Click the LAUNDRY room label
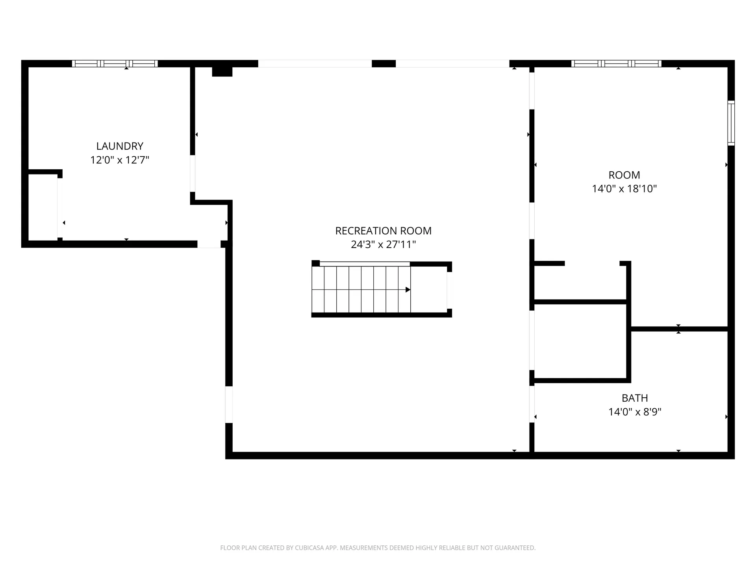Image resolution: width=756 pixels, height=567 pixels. tap(120, 146)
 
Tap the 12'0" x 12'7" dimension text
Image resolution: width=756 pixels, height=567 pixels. tap(120, 160)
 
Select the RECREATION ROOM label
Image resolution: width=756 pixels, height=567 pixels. tap(383, 231)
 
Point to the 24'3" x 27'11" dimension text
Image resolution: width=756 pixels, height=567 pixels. tap(383, 245)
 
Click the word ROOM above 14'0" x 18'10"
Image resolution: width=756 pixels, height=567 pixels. tap(624, 175)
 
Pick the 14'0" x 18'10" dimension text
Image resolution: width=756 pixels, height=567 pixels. tap(624, 189)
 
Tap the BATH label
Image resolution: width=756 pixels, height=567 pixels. tap(635, 398)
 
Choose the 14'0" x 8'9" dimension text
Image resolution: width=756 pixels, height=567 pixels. tap(635, 412)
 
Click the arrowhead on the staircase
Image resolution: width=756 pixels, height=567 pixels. tap(408, 290)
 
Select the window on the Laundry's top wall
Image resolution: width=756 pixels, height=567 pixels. tap(115, 64)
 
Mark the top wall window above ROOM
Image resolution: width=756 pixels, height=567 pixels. tap(616, 64)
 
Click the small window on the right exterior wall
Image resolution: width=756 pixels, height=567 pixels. tap(731, 123)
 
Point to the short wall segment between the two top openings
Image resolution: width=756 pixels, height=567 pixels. tap(384, 64)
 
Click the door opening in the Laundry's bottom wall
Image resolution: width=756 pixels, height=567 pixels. tap(209, 244)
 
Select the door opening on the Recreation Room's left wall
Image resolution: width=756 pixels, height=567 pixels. tap(229, 404)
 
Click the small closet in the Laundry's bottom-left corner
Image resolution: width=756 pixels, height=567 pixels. tap(43, 207)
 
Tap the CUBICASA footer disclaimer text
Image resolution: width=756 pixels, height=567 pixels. tap(378, 548)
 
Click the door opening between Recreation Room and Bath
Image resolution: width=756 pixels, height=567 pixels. tap(532, 404)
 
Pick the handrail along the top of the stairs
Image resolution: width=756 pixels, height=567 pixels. tap(365, 264)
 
